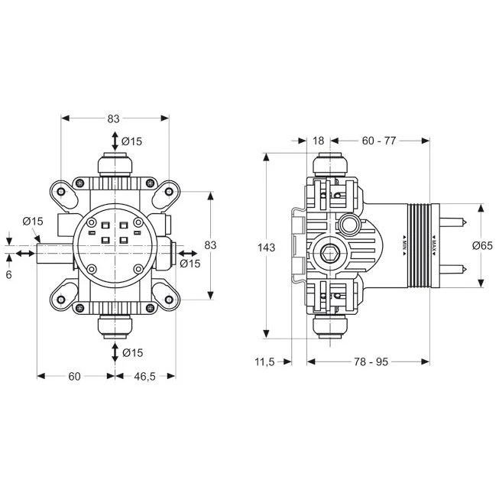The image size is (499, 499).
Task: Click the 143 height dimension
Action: (x=266, y=248)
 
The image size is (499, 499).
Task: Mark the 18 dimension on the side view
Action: (x=319, y=140)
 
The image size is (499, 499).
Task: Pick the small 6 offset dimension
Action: (x=8, y=273)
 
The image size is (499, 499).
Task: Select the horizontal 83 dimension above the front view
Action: (x=114, y=118)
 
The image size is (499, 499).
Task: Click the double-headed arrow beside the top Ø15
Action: (x=115, y=141)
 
